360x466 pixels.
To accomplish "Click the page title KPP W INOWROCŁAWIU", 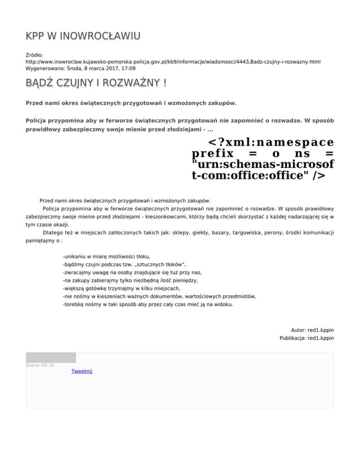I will click(82, 36).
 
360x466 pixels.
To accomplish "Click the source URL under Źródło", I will click(172, 61).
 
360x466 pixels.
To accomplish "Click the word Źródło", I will click(34, 55).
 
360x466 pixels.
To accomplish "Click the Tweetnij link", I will click(82, 371).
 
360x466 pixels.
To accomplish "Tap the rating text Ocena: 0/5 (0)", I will click(40, 365).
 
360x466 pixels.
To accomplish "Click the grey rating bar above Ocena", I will click(51, 358).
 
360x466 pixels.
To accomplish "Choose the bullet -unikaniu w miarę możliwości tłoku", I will click(106, 256).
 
